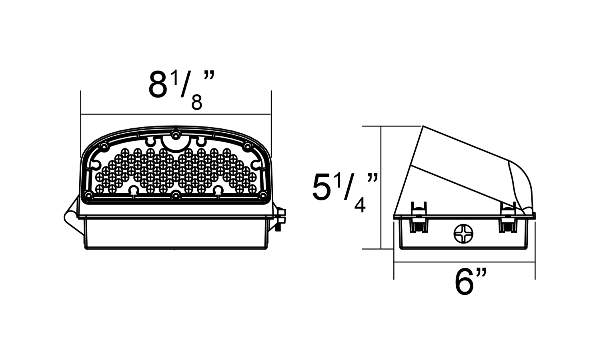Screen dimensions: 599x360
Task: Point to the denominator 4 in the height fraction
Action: click(360, 205)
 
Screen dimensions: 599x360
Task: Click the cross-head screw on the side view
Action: click(463, 234)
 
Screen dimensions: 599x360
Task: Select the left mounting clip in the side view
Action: click(419, 217)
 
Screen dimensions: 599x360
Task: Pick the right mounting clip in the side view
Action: click(507, 217)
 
